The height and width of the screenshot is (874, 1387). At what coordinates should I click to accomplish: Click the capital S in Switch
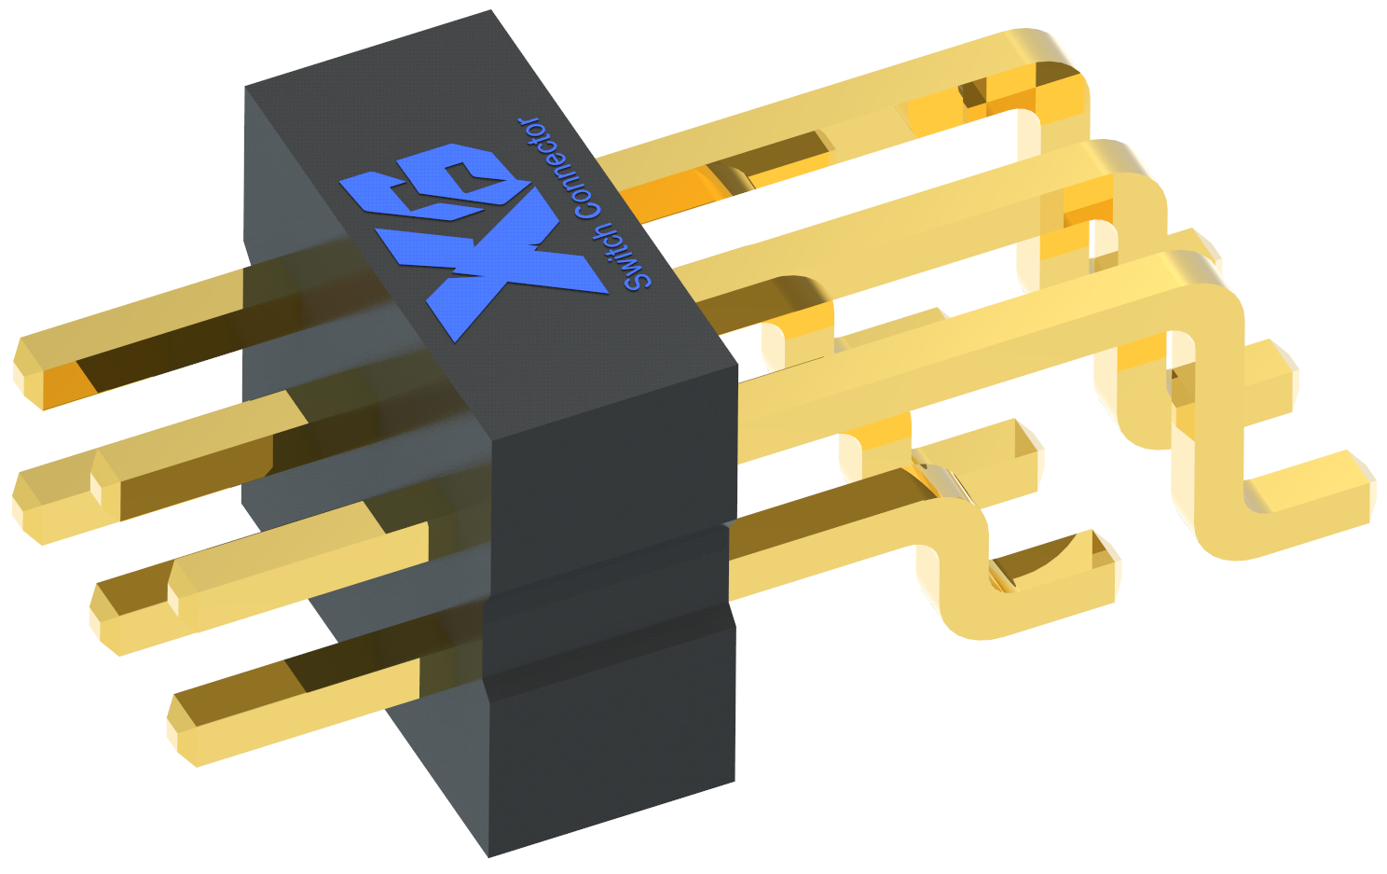point(638,281)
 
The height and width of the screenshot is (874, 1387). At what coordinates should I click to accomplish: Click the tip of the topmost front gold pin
point(28,371)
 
